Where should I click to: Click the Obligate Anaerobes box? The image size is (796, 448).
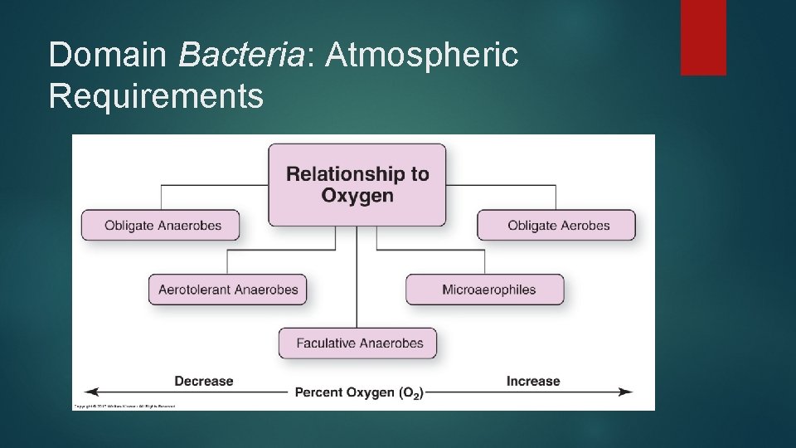pos(160,225)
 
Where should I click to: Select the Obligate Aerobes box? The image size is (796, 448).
pos(557,225)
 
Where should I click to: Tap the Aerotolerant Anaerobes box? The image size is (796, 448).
pos(228,290)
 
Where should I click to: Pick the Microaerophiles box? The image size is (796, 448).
pos(485,290)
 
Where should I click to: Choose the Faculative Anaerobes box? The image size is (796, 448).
pos(357,343)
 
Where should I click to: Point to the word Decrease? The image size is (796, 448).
pos(204,381)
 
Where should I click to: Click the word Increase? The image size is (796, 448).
pos(533,381)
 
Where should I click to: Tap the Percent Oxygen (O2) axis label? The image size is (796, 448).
pos(358,392)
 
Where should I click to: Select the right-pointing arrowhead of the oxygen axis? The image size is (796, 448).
pos(627,392)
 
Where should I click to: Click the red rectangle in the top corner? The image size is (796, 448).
pos(703,37)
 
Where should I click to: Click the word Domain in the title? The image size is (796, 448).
pos(109,56)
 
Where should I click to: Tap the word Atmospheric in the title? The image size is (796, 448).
pos(423,56)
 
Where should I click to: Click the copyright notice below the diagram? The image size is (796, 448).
pos(124,407)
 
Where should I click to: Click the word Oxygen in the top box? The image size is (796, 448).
pos(357,196)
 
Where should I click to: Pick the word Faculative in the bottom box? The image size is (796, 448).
pos(325,343)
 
